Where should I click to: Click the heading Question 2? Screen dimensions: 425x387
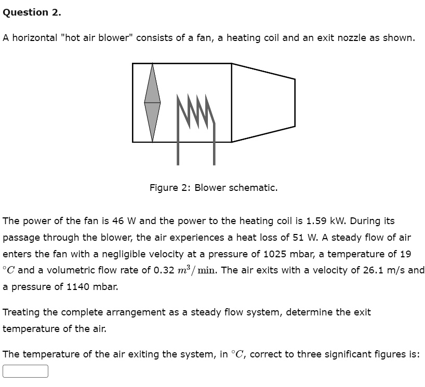(32, 13)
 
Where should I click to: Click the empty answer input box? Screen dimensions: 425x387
(25, 371)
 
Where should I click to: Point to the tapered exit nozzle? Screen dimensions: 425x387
(263, 103)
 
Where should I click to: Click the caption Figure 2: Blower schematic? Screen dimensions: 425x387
(214, 188)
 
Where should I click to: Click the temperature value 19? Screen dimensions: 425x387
(405, 254)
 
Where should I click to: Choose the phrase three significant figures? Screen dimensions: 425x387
(358, 354)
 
